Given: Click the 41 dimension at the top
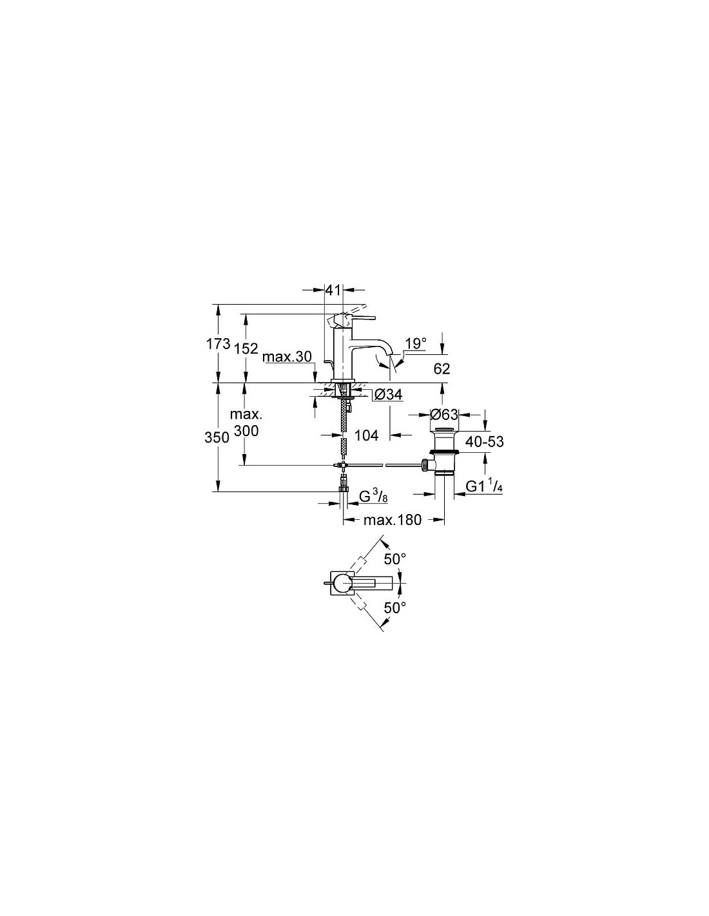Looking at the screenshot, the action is (x=333, y=290).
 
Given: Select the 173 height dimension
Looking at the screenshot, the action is (x=218, y=344).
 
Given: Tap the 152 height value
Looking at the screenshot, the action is (x=246, y=348).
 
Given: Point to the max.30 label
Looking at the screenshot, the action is (x=287, y=357).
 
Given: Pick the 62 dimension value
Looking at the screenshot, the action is (x=442, y=369).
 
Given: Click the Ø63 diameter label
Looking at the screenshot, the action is (x=443, y=415).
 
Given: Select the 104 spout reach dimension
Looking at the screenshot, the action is (x=366, y=435).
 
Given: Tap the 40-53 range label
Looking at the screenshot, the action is (x=485, y=442).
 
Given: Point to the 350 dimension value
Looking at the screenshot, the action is (x=217, y=438).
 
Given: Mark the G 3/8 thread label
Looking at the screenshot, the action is (x=373, y=497).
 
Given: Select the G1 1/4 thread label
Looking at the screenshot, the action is (x=484, y=487).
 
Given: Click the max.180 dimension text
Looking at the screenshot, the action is (x=393, y=520).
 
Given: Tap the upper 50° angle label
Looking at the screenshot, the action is (x=394, y=559).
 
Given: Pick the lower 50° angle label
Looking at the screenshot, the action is (x=394, y=607).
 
